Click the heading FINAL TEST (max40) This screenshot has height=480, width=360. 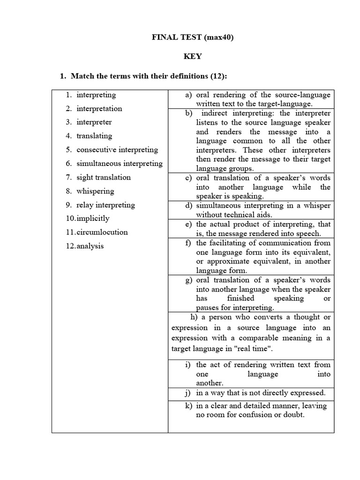pyautogui.click(x=193, y=37)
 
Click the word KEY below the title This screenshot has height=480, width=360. pyautogui.click(x=193, y=56)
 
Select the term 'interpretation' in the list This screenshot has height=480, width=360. pyautogui.click(x=99, y=108)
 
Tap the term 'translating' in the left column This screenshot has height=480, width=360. pyautogui.click(x=94, y=136)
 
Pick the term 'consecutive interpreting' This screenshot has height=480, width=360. pyautogui.click(x=117, y=150)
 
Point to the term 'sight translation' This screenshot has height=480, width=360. pyautogui.click(x=104, y=177)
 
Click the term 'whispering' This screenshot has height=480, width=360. pyautogui.click(x=95, y=191)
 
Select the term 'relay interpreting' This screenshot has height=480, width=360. pyautogui.click(x=105, y=205)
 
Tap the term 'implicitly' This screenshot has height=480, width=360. pyautogui.click(x=93, y=218)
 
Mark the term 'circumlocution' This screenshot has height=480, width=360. pyautogui.click(x=102, y=232)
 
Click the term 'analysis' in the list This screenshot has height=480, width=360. pyautogui.click(x=90, y=246)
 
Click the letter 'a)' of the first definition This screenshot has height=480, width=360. pyautogui.click(x=188, y=95)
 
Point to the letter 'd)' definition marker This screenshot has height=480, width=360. pyautogui.click(x=188, y=206)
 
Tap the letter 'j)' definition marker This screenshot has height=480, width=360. pyautogui.click(x=189, y=393)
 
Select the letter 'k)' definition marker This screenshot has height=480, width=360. pyautogui.click(x=188, y=406)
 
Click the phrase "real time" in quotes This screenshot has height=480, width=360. pyautogui.click(x=254, y=349)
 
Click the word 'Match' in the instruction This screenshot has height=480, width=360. pyautogui.click(x=82, y=76)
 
